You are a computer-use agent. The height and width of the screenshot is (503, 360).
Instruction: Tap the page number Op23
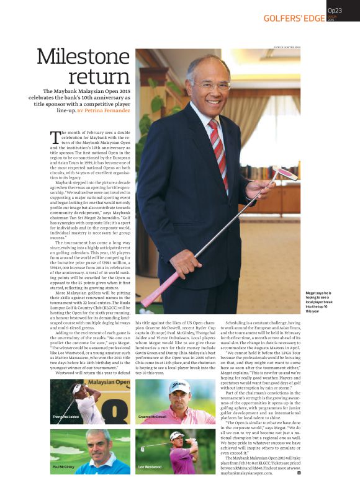click(335, 11)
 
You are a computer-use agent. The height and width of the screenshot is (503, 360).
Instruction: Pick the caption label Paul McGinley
click(65, 466)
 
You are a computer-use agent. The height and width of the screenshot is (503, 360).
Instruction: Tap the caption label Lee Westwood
click(150, 466)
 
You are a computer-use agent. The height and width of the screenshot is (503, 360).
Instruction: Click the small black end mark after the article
click(299, 473)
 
